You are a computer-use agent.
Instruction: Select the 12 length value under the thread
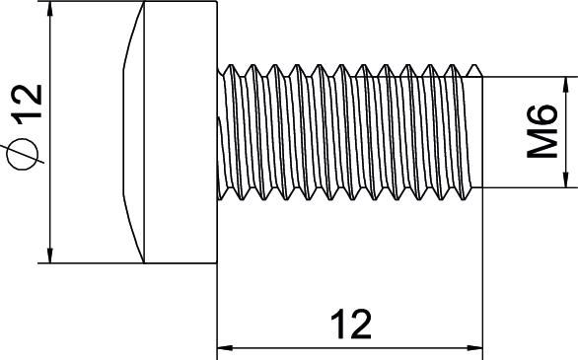point(349,324)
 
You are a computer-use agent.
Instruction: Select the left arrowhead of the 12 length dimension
point(224,347)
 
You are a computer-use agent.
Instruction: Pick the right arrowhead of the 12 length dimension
point(477,347)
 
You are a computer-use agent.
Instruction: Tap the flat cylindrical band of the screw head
point(181,133)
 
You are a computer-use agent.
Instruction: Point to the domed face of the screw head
point(132,133)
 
